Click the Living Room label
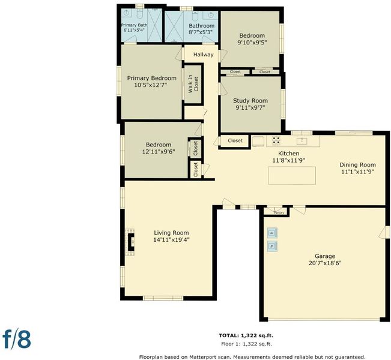(171, 233)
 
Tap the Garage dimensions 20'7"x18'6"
(325, 263)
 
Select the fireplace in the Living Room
(130, 242)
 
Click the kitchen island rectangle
(292, 175)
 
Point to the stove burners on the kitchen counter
(276, 141)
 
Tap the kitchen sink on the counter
(302, 141)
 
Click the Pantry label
(279, 212)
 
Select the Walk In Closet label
(193, 84)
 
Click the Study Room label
(250, 101)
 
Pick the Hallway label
(204, 55)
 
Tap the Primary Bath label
(134, 25)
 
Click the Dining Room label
(357, 164)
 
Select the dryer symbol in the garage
(272, 233)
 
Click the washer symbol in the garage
(272, 246)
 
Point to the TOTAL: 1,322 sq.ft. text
(246, 335)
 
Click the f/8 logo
(17, 339)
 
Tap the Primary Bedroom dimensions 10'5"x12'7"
(151, 85)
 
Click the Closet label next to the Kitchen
(235, 140)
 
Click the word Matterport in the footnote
(201, 357)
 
